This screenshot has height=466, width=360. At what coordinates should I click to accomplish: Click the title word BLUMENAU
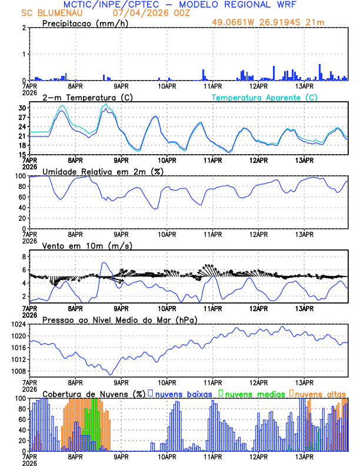pyautogui.click(x=63, y=12)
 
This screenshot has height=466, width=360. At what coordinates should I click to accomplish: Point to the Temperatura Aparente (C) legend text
pyautogui.click(x=265, y=97)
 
